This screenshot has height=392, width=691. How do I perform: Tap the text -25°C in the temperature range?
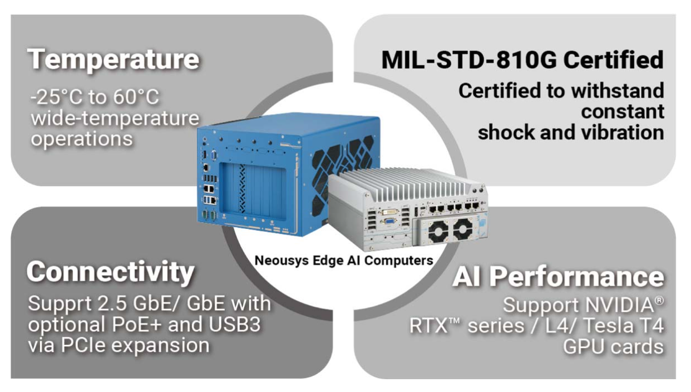tap(57, 97)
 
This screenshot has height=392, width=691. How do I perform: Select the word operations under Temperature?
tap(82, 139)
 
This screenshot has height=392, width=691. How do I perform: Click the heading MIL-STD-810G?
tap(469, 60)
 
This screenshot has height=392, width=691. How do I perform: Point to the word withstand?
tap(618, 90)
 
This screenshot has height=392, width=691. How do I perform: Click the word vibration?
tap(623, 133)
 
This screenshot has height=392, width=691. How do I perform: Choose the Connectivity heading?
tap(110, 272)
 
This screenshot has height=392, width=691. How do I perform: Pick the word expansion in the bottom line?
tap(160, 345)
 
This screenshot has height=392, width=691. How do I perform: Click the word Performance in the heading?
tap(577, 277)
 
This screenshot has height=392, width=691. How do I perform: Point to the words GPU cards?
tap(614, 347)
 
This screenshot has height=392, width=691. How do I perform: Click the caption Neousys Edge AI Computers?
tap(344, 261)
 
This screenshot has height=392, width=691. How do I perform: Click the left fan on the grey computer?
tap(438, 231)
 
